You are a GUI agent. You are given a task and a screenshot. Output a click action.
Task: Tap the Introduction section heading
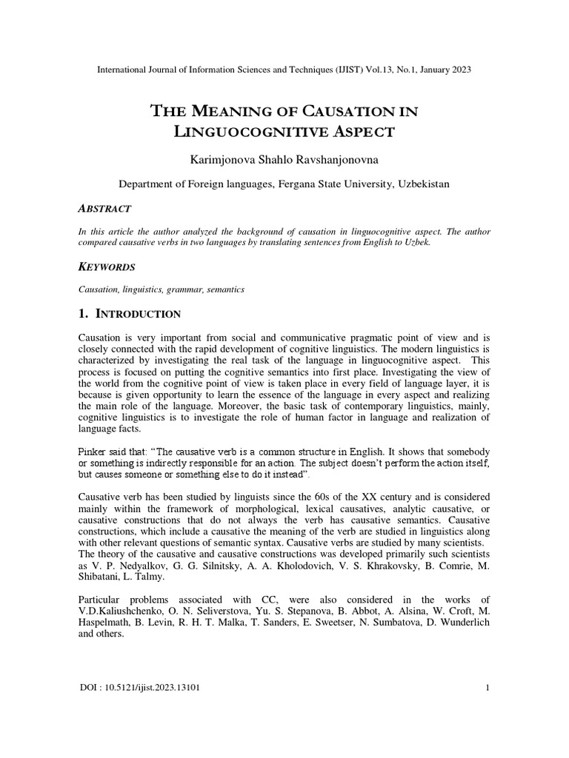(x=137, y=314)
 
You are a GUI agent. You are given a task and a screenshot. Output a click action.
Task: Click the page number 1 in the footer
(x=488, y=688)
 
